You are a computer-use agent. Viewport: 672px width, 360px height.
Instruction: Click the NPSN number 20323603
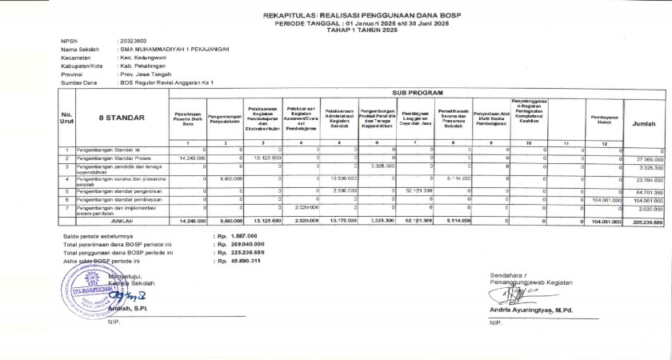click(132, 40)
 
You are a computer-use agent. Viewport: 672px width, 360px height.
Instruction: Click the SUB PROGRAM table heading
click(416, 94)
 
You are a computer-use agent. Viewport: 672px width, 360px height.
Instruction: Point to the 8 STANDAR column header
click(121, 118)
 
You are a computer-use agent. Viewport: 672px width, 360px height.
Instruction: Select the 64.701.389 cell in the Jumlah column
click(650, 192)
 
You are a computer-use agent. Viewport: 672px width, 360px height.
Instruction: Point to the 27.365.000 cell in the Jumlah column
click(650, 159)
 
